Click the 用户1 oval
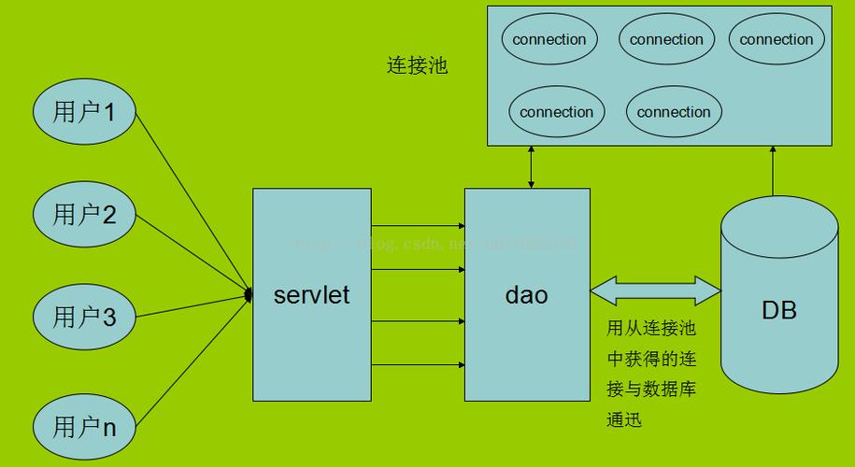[x=84, y=113]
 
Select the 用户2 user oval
[x=84, y=215]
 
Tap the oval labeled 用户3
[x=84, y=317]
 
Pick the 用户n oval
[x=84, y=427]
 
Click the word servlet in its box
[x=311, y=295]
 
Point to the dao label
[x=526, y=295]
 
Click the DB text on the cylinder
[x=778, y=310]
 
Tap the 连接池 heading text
[x=417, y=65]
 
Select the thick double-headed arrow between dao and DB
[x=655, y=291]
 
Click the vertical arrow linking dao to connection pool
[x=531, y=167]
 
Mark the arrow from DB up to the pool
[x=772, y=173]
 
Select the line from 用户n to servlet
[x=192, y=360]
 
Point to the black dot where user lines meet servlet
[x=249, y=294]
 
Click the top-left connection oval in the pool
[x=549, y=39]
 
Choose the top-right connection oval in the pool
[x=777, y=39]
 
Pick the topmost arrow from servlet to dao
[x=418, y=226]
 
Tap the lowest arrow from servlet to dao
[x=418, y=362]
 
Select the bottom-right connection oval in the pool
[x=674, y=112]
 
